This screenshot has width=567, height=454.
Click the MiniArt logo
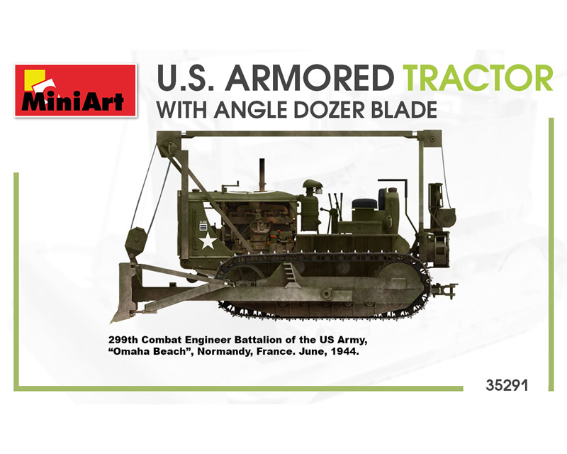click(75, 91)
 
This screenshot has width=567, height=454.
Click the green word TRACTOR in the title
click(479, 78)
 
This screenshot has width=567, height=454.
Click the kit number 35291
click(507, 385)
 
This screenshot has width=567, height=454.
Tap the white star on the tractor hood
click(208, 240)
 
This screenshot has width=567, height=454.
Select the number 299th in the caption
click(123, 340)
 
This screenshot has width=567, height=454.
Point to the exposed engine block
click(259, 228)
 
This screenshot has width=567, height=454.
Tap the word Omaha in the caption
click(130, 351)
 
